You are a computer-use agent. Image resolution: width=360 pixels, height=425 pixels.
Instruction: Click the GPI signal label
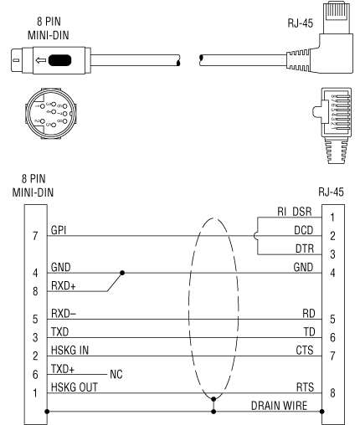pos(59,230)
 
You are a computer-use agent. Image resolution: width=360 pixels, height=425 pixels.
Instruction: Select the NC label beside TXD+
pos(116,374)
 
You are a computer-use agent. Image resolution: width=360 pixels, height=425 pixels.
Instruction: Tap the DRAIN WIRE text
pos(279,406)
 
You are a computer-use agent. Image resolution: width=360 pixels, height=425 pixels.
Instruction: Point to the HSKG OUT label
pos(75,387)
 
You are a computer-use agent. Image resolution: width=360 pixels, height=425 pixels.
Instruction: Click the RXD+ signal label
pos(64,286)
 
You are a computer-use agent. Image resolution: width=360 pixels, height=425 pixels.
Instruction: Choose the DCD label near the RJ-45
pos(304,230)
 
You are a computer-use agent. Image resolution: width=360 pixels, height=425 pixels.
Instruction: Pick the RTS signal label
pos(305,387)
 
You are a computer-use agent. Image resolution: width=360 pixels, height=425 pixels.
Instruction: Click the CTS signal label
pos(305,350)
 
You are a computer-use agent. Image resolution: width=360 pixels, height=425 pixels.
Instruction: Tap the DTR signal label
pos(305,248)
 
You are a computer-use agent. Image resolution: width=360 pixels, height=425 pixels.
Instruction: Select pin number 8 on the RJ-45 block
pos(332,392)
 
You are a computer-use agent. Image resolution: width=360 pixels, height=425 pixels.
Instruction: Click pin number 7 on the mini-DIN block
pos(35,236)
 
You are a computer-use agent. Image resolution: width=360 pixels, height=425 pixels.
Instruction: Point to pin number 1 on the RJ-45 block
pos(332,218)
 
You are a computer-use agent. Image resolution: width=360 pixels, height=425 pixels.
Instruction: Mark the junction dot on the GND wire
pos(122,273)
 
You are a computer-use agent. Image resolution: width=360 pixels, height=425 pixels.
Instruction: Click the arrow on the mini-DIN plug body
pos(41,60)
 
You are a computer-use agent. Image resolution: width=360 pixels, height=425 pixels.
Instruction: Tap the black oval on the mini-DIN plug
pos(59,60)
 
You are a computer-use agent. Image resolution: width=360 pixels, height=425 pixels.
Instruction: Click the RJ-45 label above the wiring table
pos(331,192)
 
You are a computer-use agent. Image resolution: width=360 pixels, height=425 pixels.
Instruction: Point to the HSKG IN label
pos(69,350)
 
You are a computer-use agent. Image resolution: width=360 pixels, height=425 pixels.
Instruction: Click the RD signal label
pos(309,314)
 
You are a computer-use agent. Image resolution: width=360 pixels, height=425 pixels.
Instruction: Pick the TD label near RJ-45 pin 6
pos(309,332)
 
